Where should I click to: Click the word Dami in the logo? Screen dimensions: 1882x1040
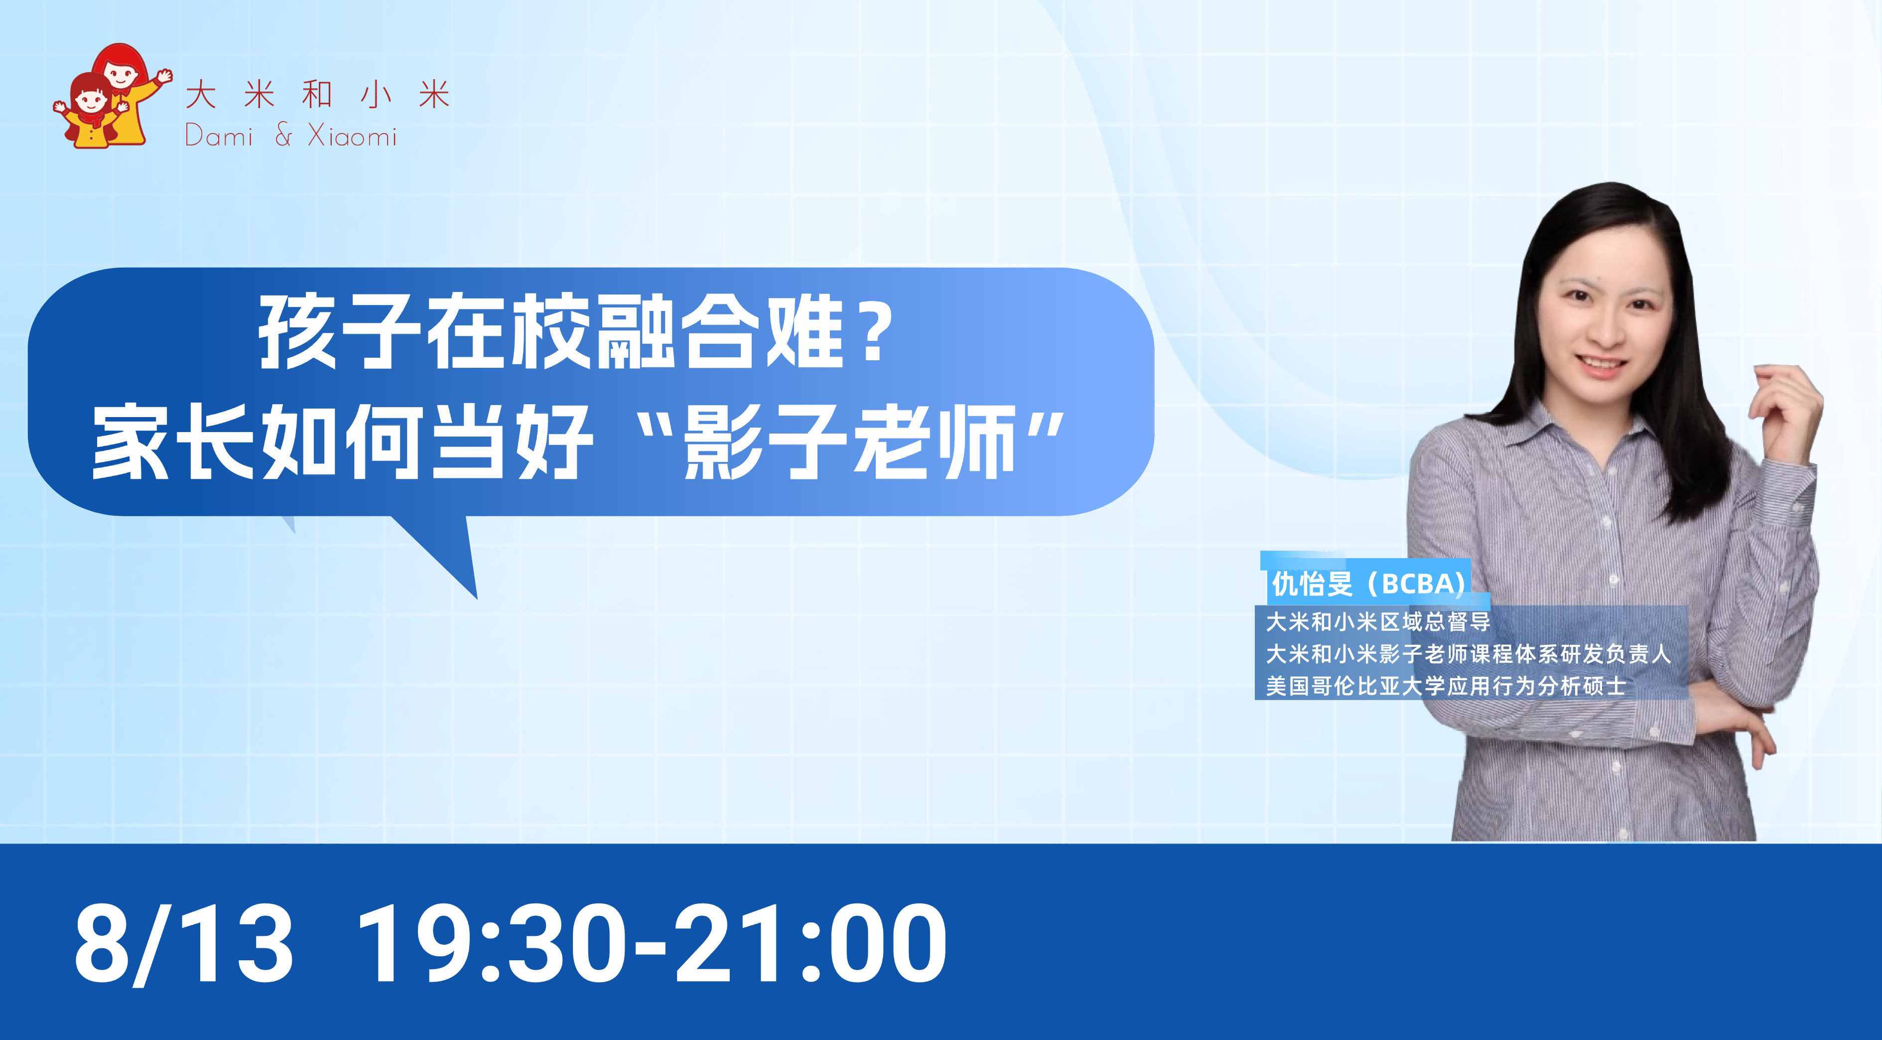[x=219, y=136]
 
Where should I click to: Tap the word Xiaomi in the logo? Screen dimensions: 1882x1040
[x=352, y=136]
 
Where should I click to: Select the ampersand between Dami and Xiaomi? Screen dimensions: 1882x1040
[x=283, y=135]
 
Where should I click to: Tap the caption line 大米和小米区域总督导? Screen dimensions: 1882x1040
[x=1378, y=622]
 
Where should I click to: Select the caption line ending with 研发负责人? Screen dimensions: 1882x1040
[x=1469, y=653]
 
